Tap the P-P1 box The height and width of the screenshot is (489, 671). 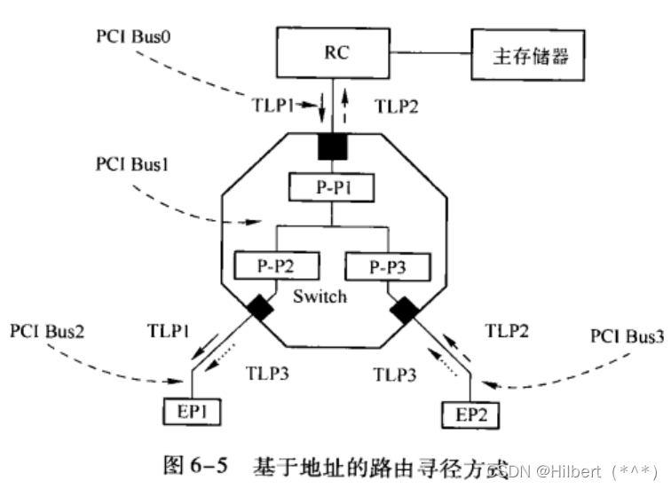[x=332, y=187]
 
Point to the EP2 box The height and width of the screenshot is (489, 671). [x=470, y=413]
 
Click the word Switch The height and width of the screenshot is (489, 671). [x=319, y=296]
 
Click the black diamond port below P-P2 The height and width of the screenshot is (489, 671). [x=260, y=308]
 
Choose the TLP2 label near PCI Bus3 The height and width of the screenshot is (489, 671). [x=509, y=333]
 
